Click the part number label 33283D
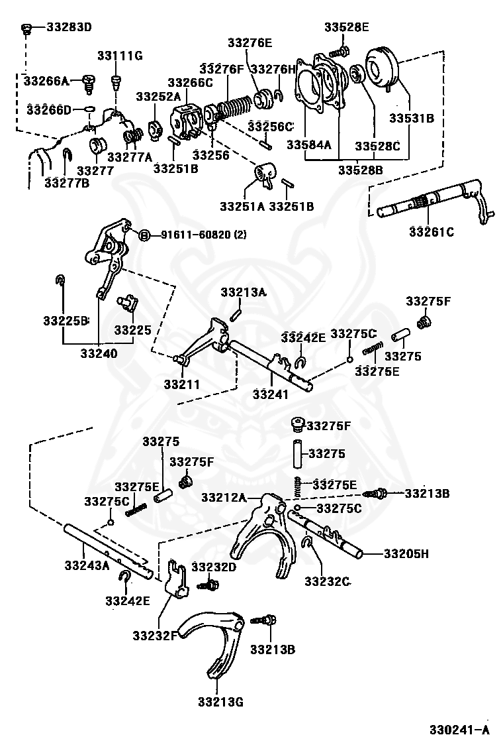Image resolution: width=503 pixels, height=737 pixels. coord(69,27)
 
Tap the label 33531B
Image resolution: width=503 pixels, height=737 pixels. coord(412,118)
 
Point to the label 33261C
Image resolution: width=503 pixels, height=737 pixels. coord(432,232)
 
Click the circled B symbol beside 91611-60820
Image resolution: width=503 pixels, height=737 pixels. coord(144,234)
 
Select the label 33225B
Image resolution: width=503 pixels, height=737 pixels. coord(66,321)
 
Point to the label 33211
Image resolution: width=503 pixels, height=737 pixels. coord(181,384)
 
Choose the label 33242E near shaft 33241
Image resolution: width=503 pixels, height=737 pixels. coord(303,337)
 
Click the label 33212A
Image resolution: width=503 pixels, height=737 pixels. coord(224,497)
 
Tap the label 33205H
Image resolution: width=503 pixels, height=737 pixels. coord(406,553)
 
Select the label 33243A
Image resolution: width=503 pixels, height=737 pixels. coord(87,565)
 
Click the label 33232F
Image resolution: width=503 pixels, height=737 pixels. coord(155,636)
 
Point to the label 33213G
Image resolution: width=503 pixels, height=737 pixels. coord(220,703)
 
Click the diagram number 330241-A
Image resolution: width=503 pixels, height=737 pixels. coord(459,729)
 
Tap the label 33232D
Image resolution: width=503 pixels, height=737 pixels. coord(214,567)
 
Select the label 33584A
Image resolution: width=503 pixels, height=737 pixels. coord(308,144)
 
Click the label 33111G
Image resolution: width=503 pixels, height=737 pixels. coord(120,56)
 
